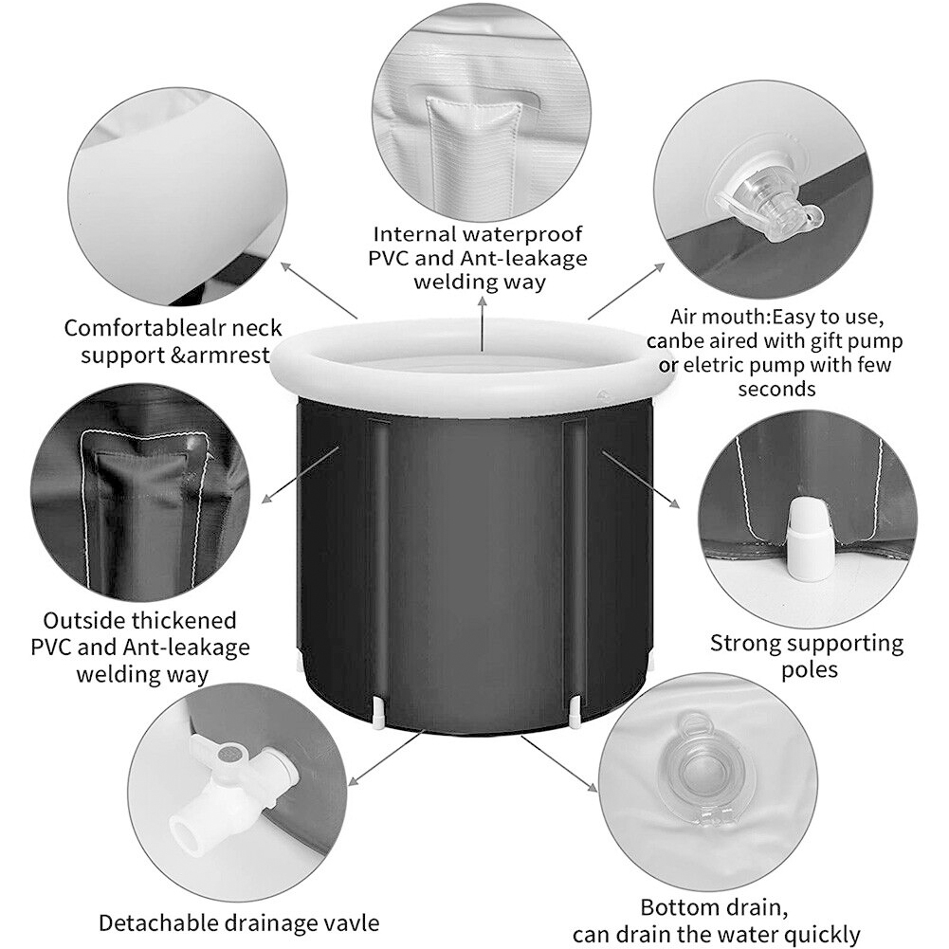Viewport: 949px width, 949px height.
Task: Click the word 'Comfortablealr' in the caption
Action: pyautogui.click(x=140, y=329)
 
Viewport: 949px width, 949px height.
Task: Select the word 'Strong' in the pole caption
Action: pyautogui.click(x=744, y=644)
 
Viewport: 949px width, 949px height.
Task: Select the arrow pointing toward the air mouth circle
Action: pyautogui.click(x=627, y=291)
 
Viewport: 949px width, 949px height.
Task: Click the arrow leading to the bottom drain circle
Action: pyautogui.click(x=559, y=763)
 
